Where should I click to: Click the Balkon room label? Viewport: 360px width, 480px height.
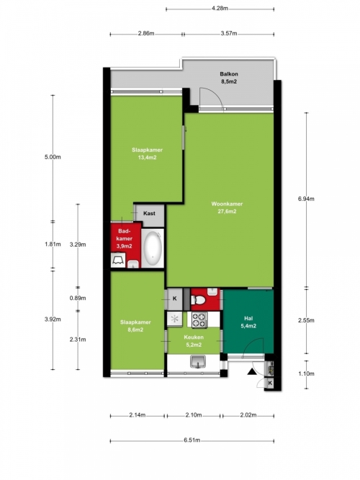(228, 78)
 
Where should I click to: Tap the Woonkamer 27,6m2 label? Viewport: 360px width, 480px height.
(227, 207)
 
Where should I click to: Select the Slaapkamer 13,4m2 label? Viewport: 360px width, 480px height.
(147, 154)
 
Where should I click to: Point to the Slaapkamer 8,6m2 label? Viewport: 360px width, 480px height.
(135, 326)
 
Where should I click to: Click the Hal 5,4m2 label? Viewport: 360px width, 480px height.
(248, 322)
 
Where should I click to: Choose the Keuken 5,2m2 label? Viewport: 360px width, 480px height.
(194, 341)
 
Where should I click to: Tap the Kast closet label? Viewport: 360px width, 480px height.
(149, 213)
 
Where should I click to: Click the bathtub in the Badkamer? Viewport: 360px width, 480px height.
(153, 248)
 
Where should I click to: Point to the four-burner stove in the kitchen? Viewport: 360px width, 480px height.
(199, 320)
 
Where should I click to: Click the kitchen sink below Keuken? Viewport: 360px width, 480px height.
(198, 361)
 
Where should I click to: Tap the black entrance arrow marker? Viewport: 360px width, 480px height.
(252, 371)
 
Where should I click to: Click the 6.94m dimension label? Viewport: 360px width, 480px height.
(306, 199)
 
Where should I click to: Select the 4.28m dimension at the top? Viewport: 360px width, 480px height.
(220, 9)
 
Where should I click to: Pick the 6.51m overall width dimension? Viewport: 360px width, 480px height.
(192, 440)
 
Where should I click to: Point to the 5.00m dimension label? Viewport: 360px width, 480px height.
(53, 157)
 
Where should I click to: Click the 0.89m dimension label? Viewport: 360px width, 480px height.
(78, 298)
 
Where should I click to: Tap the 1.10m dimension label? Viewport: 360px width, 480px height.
(307, 373)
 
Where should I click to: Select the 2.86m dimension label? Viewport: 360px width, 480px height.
(146, 33)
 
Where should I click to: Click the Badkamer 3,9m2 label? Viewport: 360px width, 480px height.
(125, 238)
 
